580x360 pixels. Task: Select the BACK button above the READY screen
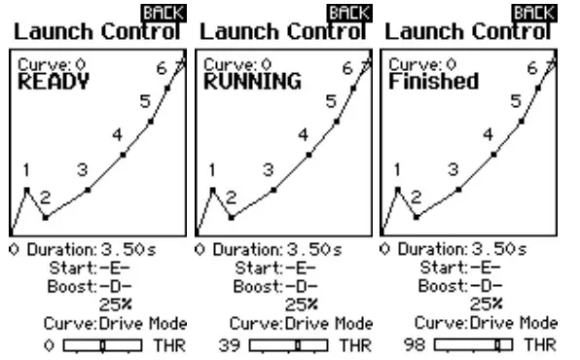pos(159,12)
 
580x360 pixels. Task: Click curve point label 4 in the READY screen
pos(116,133)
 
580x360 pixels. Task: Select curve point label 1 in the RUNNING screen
pos(212,170)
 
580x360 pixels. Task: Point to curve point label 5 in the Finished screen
pos(515,101)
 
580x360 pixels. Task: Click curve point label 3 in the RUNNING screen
pos(268,169)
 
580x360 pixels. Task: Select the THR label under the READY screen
pos(171,344)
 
